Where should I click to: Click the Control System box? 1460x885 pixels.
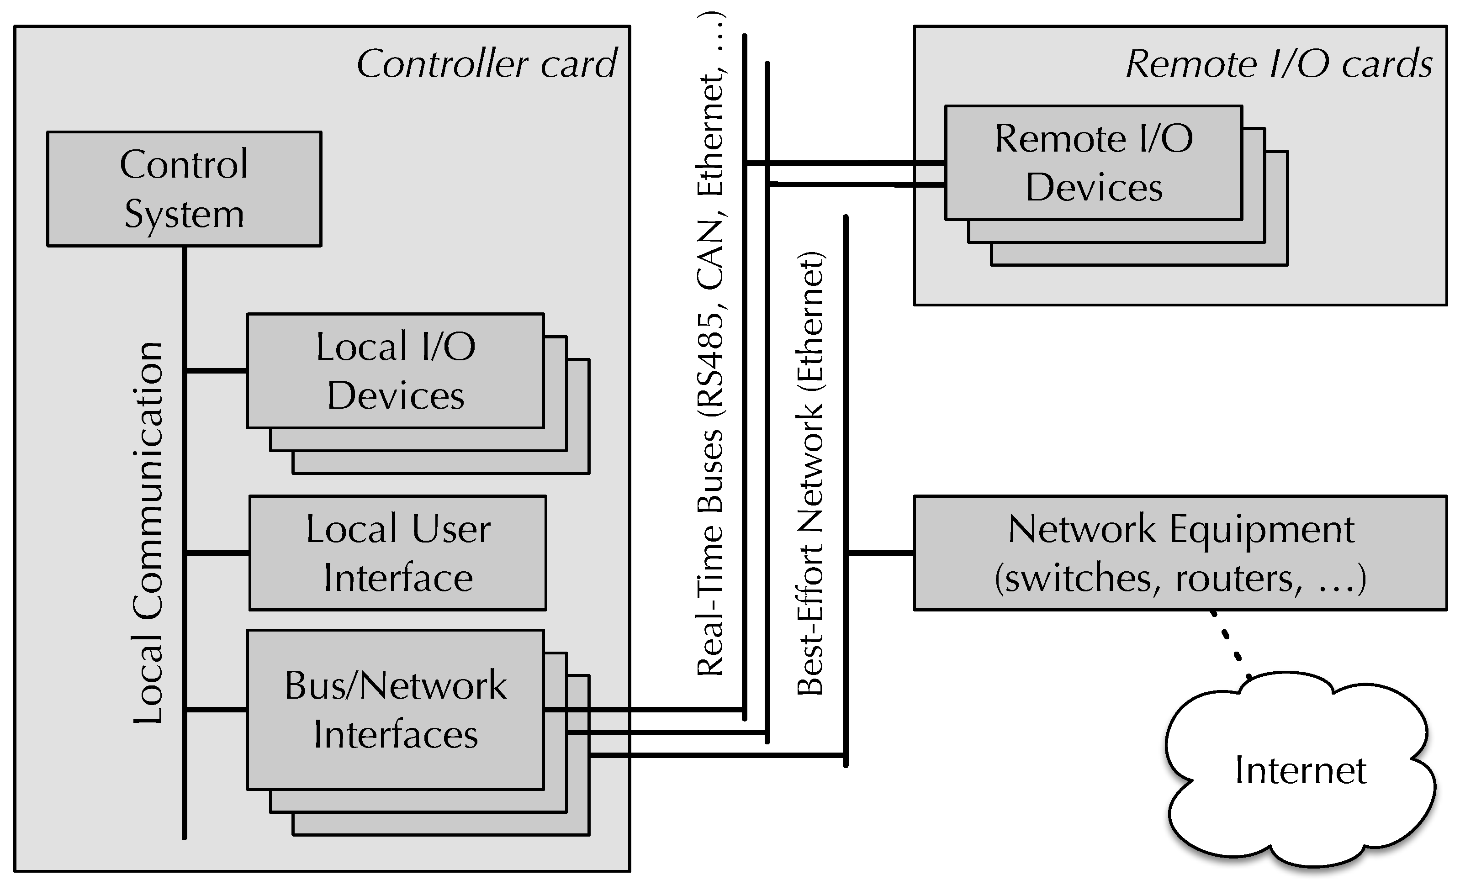(x=184, y=189)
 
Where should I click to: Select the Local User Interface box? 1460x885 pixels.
(x=397, y=553)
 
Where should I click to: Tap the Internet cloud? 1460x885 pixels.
(x=1301, y=770)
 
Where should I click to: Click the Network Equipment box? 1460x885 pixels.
(x=1180, y=553)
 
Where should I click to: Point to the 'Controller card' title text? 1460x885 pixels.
(x=487, y=64)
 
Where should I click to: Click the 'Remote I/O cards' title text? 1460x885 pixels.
(x=1279, y=64)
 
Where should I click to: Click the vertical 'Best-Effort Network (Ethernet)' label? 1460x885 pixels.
(x=810, y=474)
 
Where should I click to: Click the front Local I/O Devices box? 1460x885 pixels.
(x=395, y=371)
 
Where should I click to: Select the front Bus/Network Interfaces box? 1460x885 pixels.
(x=395, y=709)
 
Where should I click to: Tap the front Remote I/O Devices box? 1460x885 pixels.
(x=1093, y=163)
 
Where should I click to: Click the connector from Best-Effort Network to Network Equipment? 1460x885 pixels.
(x=880, y=553)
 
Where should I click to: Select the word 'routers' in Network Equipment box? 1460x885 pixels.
(x=1238, y=578)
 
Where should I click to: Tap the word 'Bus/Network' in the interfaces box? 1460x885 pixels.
(x=395, y=685)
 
